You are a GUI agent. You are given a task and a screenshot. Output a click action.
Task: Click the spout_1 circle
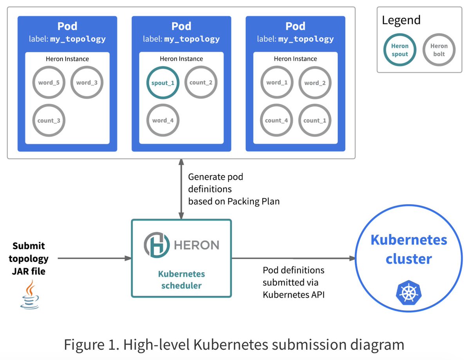163,83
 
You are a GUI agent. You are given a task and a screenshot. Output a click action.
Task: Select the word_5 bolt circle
49,83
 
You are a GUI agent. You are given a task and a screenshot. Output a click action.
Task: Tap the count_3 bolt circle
49,120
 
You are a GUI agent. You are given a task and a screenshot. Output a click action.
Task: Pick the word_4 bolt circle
163,120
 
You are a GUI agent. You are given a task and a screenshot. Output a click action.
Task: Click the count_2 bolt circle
201,83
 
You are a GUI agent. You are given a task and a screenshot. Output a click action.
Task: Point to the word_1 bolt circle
277,83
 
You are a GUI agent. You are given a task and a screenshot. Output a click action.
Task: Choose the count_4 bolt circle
277,120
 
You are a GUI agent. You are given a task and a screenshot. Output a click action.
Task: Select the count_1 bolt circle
315,120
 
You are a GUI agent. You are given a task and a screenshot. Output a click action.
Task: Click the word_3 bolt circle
87,83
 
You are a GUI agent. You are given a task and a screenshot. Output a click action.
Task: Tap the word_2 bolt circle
315,83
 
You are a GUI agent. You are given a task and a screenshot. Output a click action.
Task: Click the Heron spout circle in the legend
399,50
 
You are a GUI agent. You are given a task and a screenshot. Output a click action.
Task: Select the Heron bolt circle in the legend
439,50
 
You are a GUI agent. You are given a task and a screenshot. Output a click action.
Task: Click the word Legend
401,20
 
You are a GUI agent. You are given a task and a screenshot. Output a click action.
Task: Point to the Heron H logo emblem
156,245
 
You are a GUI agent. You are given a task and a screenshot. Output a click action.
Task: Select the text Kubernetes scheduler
181,280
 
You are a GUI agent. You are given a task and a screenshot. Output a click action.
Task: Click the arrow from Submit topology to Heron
94,258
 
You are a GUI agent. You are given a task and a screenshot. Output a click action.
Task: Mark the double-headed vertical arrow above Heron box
181,189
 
